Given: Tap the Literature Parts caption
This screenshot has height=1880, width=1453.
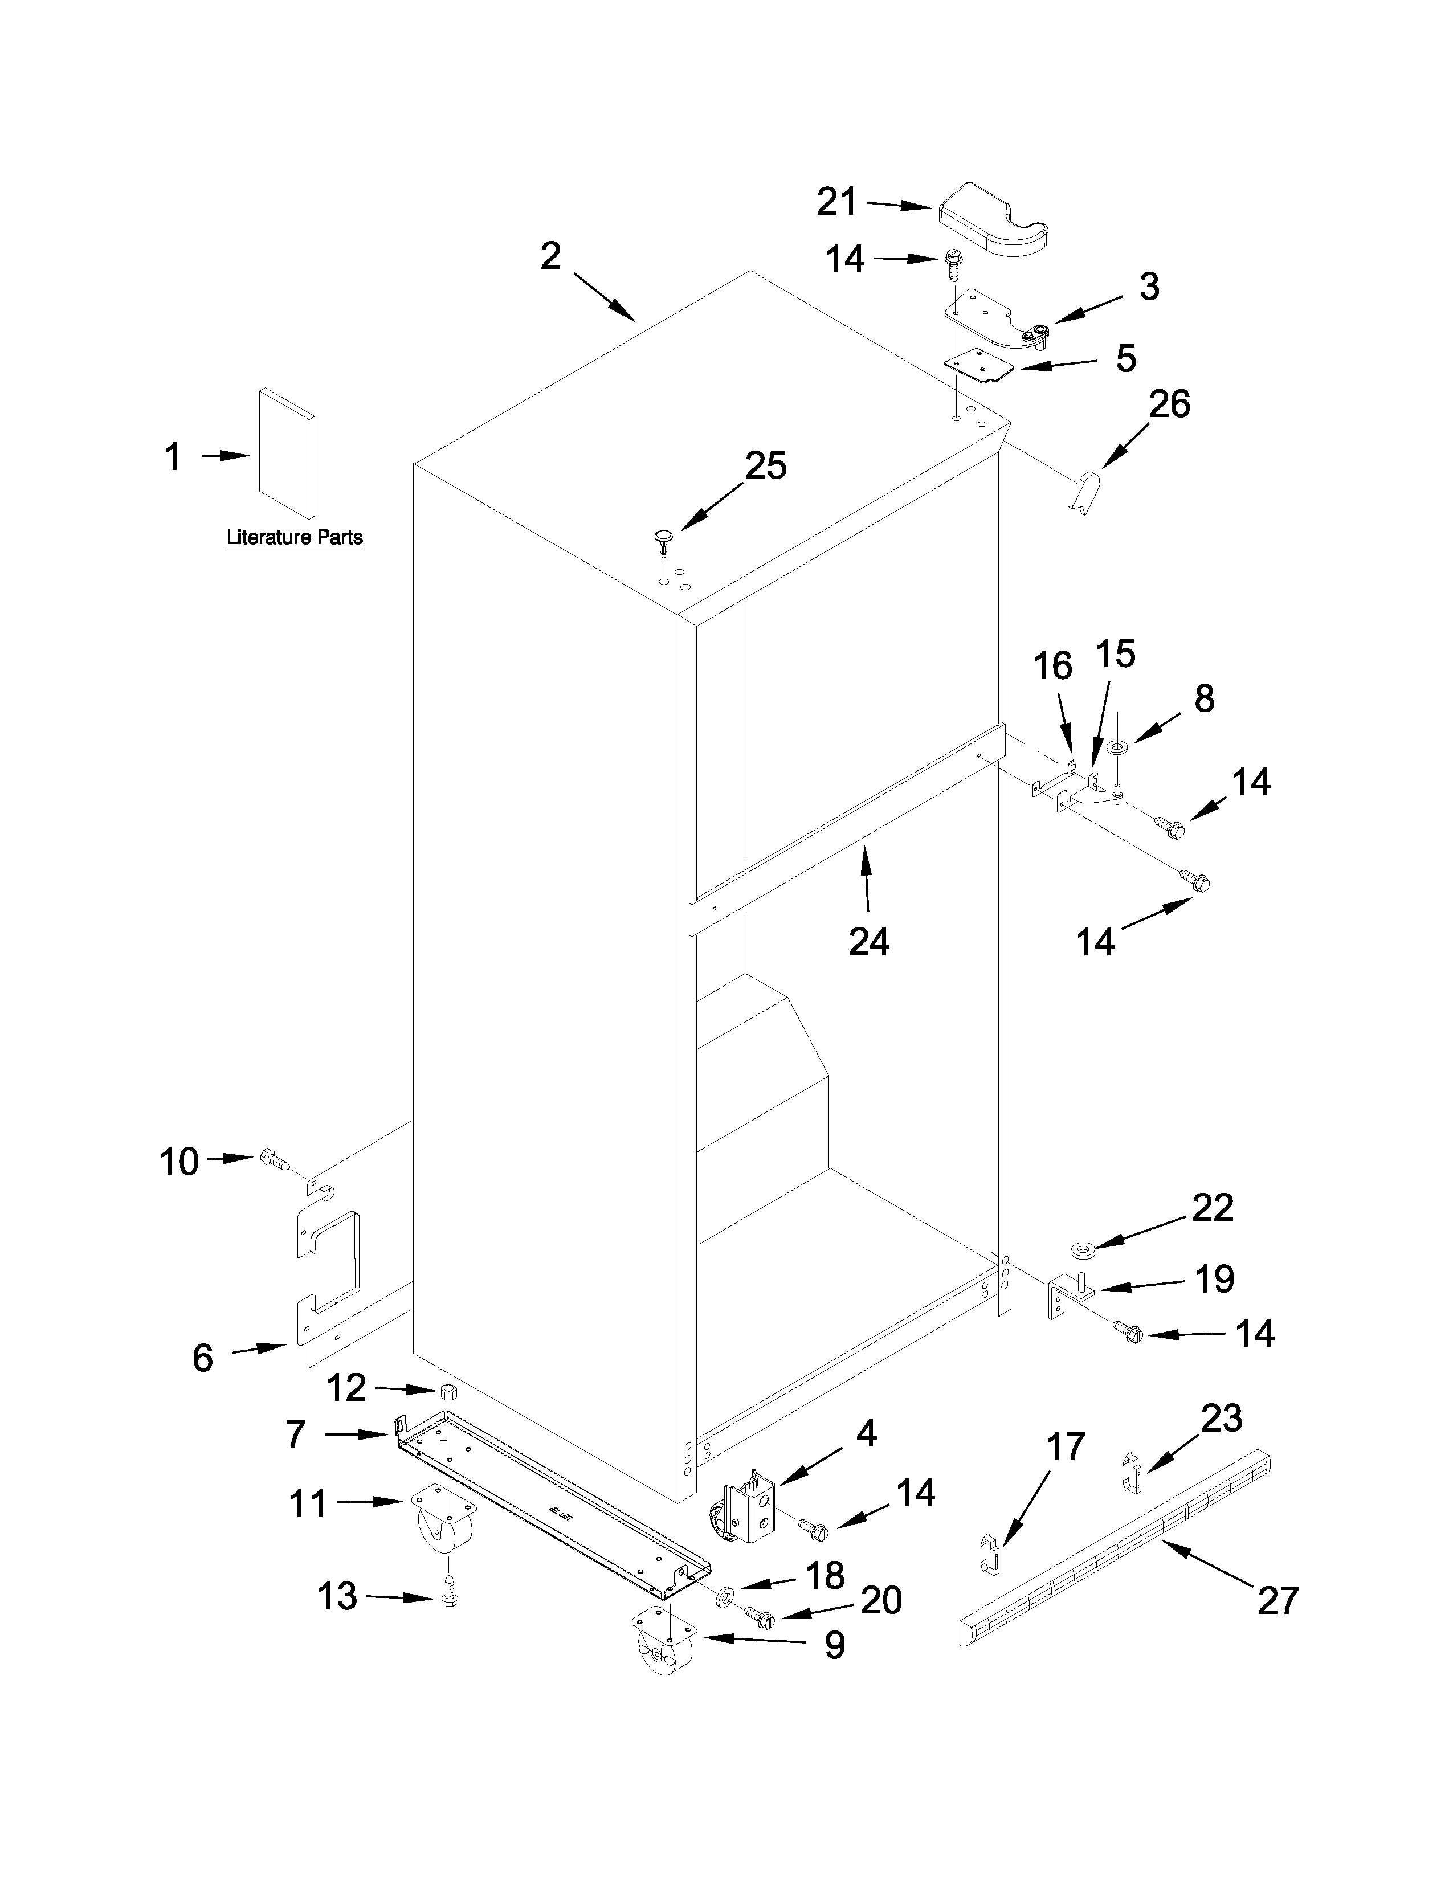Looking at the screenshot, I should (295, 537).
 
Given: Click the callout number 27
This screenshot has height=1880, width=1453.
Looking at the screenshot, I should (1278, 1600).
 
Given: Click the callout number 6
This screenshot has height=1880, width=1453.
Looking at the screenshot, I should (202, 1358).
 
